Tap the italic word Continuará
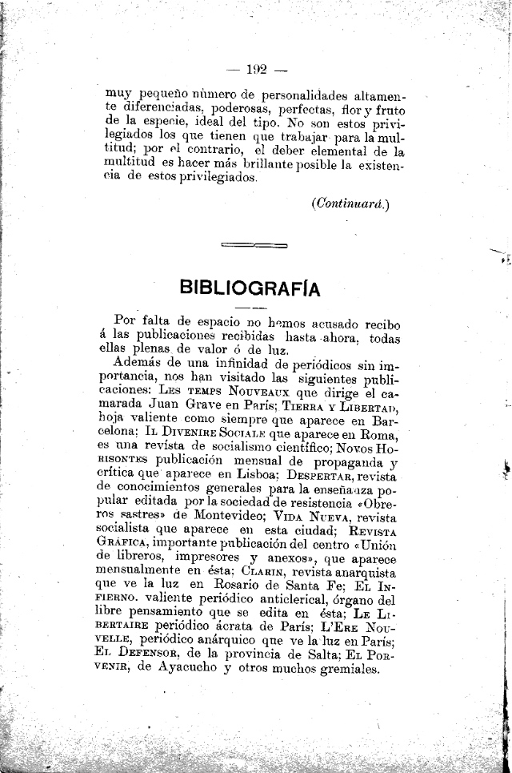351,203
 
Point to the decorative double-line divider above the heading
254,244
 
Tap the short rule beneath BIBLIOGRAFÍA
254,308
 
